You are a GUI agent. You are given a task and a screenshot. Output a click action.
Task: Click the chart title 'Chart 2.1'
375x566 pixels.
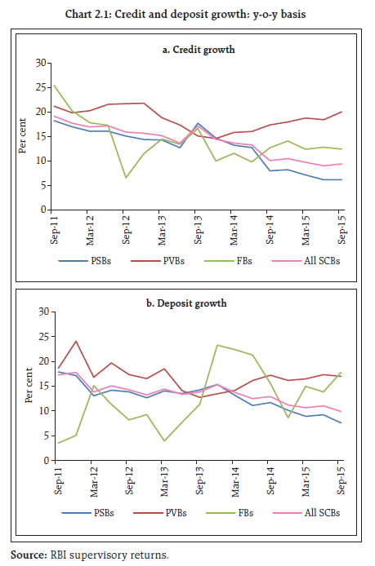(x=87, y=14)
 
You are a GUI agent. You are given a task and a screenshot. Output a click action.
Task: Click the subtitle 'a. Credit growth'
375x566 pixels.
(x=199, y=50)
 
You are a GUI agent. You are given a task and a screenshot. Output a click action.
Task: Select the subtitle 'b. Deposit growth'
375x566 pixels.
(x=186, y=303)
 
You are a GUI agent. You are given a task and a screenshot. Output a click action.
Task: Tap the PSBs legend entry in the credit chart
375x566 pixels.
(x=85, y=261)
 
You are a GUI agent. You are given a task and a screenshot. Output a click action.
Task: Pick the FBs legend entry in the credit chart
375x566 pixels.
(x=228, y=261)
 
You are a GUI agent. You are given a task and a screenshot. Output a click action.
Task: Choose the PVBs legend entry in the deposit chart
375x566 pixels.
(x=160, y=513)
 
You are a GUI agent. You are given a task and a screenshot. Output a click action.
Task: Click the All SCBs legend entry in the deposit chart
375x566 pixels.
(x=306, y=513)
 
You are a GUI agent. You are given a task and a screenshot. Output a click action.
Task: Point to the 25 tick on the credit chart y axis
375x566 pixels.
(x=41, y=88)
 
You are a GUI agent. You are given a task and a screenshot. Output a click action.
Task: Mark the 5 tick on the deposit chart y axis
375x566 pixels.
(x=47, y=436)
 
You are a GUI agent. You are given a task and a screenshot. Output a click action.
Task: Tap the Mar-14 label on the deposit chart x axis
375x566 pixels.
(x=235, y=481)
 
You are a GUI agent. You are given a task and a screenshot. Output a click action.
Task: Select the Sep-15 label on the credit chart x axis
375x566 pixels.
(x=342, y=229)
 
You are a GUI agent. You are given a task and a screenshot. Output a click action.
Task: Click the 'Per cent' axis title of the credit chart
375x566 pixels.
(x=22, y=135)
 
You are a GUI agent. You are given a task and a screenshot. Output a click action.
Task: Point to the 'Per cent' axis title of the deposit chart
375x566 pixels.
(x=29, y=386)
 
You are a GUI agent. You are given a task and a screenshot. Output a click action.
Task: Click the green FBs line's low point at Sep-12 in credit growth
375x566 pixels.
(x=126, y=178)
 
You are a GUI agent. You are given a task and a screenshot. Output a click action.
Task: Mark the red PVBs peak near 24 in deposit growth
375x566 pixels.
(x=76, y=341)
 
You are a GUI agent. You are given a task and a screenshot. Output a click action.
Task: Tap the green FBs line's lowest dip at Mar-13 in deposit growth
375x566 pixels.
(x=164, y=440)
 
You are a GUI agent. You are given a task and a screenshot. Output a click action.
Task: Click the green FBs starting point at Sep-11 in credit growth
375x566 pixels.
(x=54, y=85)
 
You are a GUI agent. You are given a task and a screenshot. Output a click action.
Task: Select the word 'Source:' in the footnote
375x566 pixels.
(x=29, y=555)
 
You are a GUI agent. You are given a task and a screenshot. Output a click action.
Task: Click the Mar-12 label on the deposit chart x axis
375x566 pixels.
(x=94, y=481)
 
